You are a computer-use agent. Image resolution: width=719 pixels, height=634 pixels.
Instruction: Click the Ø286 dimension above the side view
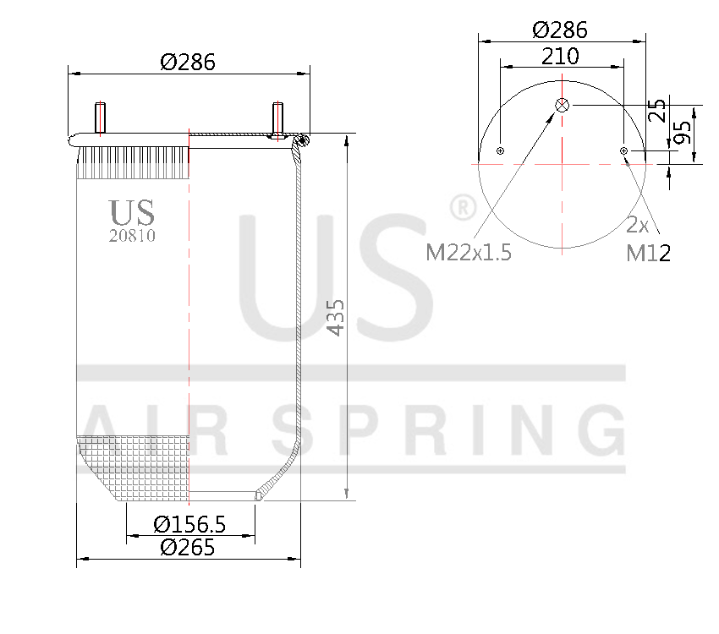[188, 62]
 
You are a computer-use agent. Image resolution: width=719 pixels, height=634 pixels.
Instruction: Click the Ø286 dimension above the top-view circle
[560, 30]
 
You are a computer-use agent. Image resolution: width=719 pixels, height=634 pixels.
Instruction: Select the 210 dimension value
[560, 56]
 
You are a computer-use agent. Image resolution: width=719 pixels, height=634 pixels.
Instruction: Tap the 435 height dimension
[335, 317]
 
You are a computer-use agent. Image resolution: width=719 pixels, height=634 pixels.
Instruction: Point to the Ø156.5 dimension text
[189, 524]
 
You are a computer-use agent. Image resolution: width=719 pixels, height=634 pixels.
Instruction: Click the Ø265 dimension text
[188, 547]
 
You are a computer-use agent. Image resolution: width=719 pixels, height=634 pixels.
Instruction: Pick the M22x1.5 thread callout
[469, 252]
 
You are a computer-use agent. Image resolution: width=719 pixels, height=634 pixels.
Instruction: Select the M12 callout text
[649, 252]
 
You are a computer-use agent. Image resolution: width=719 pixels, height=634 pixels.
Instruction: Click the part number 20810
[132, 236]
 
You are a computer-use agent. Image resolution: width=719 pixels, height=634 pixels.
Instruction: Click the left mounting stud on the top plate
[101, 118]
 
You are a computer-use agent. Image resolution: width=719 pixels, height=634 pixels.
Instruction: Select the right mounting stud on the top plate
[277, 118]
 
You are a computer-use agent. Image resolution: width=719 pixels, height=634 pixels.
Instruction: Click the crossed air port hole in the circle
[563, 105]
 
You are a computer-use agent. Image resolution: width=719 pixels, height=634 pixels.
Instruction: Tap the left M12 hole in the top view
[501, 150]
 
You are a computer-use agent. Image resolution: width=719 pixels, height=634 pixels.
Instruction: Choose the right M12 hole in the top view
[624, 150]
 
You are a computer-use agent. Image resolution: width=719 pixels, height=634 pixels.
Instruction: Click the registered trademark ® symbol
[459, 205]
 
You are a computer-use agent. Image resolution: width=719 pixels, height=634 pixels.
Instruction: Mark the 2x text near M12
[638, 226]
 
